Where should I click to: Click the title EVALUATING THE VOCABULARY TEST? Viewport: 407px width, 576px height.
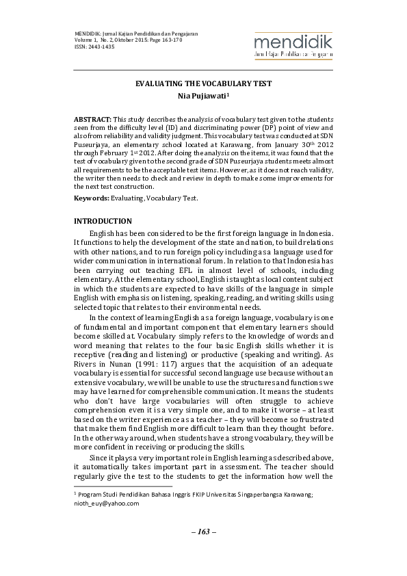pos(203,83)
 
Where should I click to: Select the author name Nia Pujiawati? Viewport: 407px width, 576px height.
pos(203,96)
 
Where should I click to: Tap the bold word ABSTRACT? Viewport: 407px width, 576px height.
pos(92,118)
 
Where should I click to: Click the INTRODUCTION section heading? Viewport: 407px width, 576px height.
pos(103,221)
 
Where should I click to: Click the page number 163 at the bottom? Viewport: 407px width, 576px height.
pos(203,532)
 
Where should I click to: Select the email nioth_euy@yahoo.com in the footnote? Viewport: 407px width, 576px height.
pos(106,503)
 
